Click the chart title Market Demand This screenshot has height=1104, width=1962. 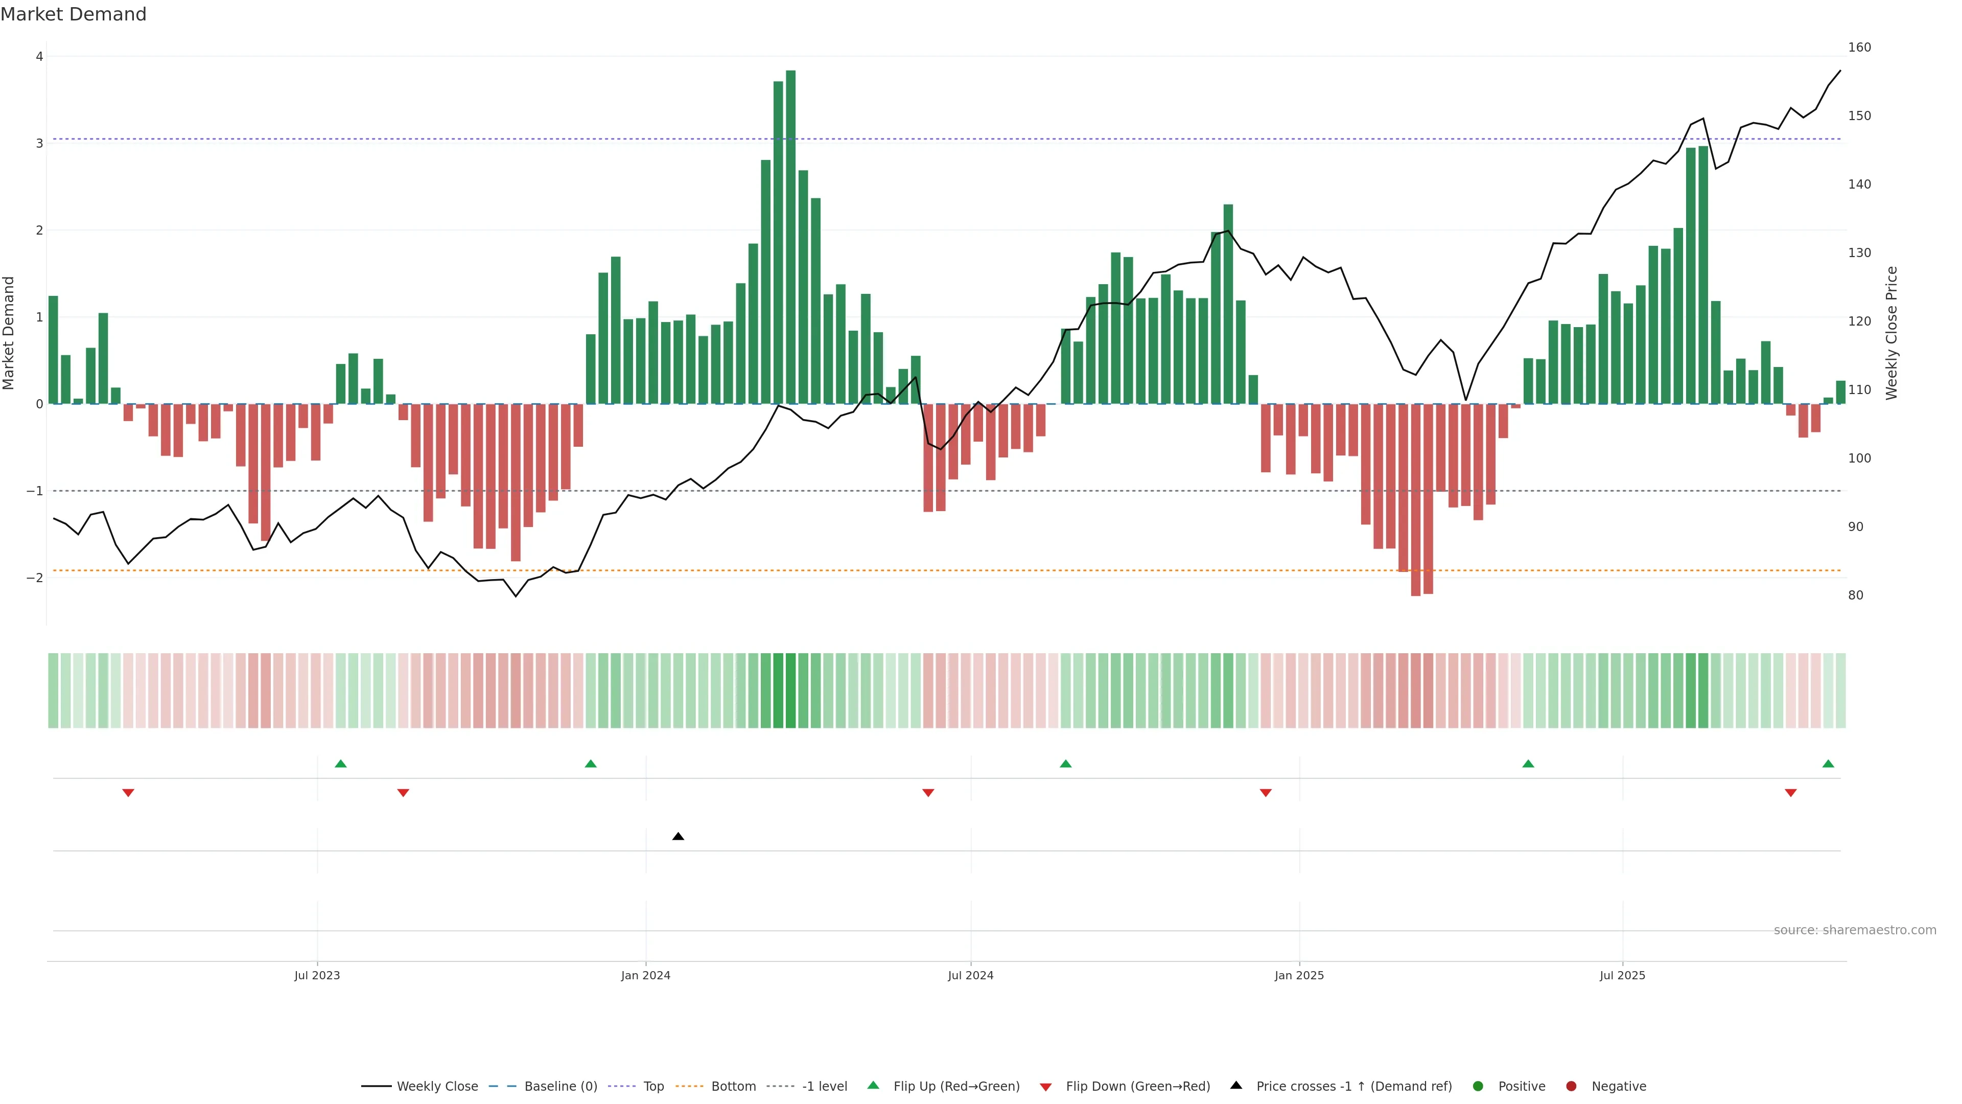coord(73,14)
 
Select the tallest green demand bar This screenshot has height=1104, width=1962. coord(790,236)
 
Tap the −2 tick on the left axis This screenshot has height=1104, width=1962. coord(35,578)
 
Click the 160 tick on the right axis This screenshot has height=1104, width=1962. coord(1859,47)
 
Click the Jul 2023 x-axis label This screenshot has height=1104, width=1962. coord(317,975)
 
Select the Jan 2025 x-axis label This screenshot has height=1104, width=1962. coord(1299,975)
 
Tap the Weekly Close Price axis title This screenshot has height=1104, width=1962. coord(1892,333)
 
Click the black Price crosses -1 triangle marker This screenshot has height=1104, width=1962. coord(678,837)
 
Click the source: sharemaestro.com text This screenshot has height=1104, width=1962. coord(1855,930)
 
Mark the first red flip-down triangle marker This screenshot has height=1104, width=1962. coord(128,793)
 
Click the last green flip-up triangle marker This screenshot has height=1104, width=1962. coord(1828,764)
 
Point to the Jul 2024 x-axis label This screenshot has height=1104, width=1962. coord(970,975)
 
